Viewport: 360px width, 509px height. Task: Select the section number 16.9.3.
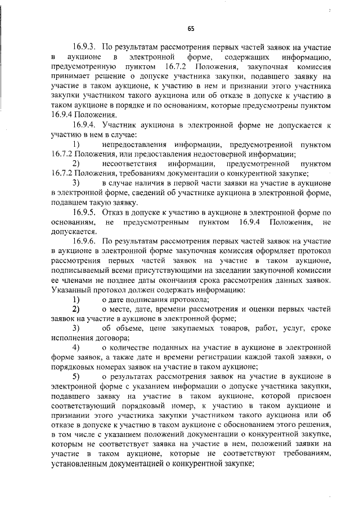(84, 47)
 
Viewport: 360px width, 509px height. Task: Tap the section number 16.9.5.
(84, 213)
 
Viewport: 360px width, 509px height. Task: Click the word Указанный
(70, 290)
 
